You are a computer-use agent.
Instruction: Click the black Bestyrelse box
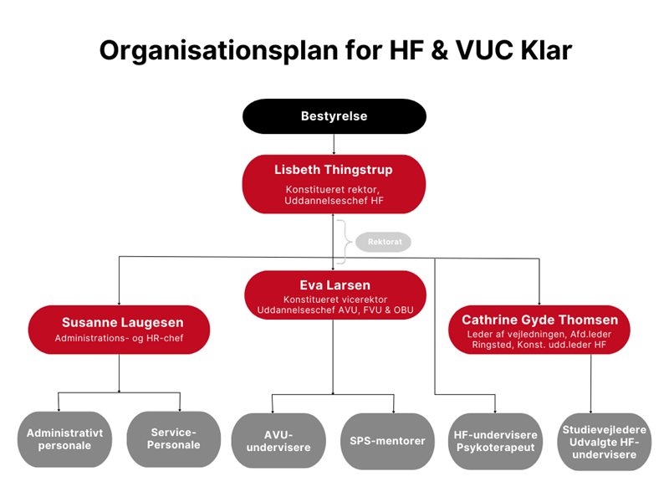pos(334,116)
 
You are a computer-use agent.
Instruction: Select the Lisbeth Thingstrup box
pos(334,184)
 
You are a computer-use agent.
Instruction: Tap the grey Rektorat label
pos(384,242)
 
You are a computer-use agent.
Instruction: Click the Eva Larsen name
pos(334,285)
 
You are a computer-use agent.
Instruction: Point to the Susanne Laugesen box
pos(118,330)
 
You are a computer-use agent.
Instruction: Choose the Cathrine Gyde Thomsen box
pos(539,330)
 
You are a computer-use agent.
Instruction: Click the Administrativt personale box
pos(64,439)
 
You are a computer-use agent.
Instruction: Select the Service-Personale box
pos(175,439)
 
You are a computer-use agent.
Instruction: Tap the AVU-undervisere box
pos(278,441)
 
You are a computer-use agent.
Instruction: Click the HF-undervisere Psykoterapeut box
pos(495,441)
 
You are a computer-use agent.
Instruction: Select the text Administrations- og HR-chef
pos(118,339)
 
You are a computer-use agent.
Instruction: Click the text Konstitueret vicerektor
pos(334,300)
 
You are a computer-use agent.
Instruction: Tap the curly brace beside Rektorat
pos(343,242)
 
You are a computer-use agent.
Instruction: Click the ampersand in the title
pos(435,50)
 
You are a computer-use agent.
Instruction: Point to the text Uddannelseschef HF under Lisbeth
pos(334,201)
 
